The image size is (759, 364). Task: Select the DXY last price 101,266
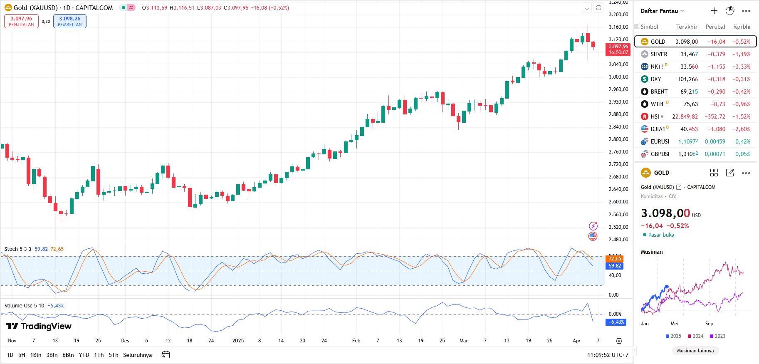point(687,79)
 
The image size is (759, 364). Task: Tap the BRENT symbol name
point(659,92)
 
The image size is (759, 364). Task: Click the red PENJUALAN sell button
point(21,21)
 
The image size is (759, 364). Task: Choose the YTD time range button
point(84,355)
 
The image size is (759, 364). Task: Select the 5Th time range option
point(113,355)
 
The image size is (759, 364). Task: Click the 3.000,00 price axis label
point(618,77)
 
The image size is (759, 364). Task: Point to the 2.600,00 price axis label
point(618,202)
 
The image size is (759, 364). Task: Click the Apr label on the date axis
point(576,341)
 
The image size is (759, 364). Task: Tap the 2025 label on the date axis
point(238,341)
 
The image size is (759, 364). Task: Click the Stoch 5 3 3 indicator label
point(17,249)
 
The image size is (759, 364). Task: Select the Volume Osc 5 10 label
point(24,306)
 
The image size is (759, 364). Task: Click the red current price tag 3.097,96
point(618,49)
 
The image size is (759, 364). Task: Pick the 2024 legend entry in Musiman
point(695,336)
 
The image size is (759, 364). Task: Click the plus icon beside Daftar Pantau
point(714,11)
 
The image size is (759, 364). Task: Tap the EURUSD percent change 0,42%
point(742,141)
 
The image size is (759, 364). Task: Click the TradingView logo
point(39,326)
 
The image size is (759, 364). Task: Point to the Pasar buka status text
point(661,235)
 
